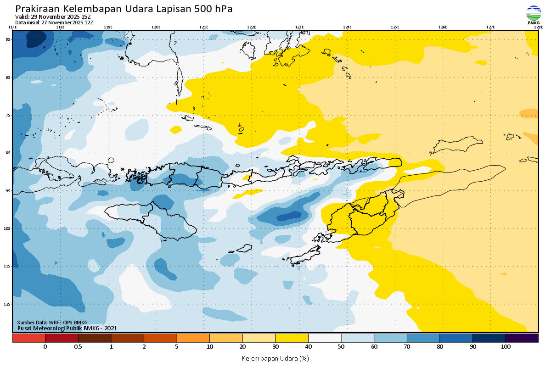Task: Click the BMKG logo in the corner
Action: [534, 14]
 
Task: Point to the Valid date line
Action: [53, 17]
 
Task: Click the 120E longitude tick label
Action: [156, 27]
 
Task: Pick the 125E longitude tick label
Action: [395, 27]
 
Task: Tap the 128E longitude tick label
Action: [538, 27]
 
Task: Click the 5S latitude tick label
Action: [8, 39]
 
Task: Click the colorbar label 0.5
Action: [78, 347]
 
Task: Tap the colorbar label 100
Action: [506, 347]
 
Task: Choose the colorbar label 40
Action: [308, 347]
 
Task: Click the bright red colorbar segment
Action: [28, 338]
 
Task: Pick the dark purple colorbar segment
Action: [522, 338]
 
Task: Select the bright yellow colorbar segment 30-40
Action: [292, 338]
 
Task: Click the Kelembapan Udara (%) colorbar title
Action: [275, 358]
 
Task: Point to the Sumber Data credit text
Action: [52, 323]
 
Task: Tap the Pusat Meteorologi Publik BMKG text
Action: [67, 328]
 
